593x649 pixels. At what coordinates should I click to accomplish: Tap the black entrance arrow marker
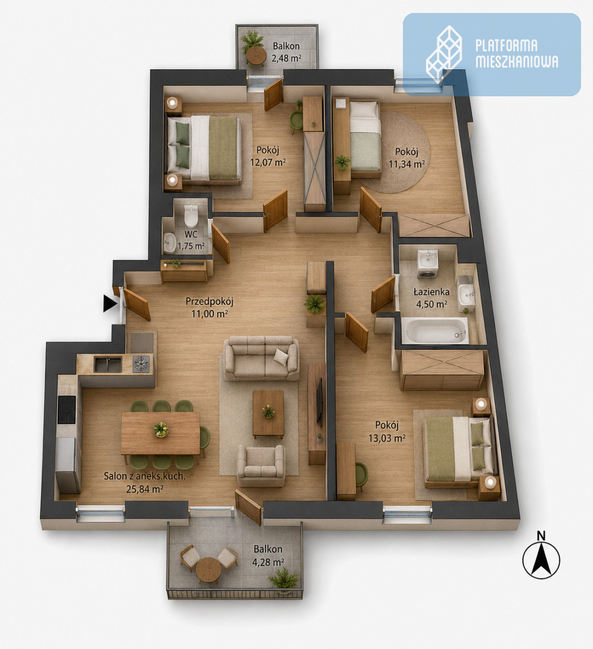tap(110, 303)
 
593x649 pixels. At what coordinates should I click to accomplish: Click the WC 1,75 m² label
tap(191, 240)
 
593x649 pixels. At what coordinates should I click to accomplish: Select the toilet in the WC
tap(191, 216)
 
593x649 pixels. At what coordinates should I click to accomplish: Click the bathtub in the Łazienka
tap(435, 330)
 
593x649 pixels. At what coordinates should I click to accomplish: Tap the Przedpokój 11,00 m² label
tap(210, 307)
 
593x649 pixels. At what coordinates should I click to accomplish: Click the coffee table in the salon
tap(268, 414)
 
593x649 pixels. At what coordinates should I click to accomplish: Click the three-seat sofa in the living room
tap(262, 358)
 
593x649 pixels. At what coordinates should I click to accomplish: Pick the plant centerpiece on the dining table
tap(161, 429)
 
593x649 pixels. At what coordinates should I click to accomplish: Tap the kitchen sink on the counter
tap(108, 364)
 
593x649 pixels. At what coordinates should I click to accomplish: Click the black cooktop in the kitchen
tap(67, 409)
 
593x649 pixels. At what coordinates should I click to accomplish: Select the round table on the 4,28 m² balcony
tap(208, 569)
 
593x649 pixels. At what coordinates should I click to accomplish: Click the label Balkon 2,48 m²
tap(286, 52)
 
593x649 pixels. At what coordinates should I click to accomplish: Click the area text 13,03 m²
tap(387, 438)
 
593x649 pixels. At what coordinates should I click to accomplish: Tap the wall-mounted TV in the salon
tap(320, 402)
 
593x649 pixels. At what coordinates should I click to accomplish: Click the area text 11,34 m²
tap(407, 164)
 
